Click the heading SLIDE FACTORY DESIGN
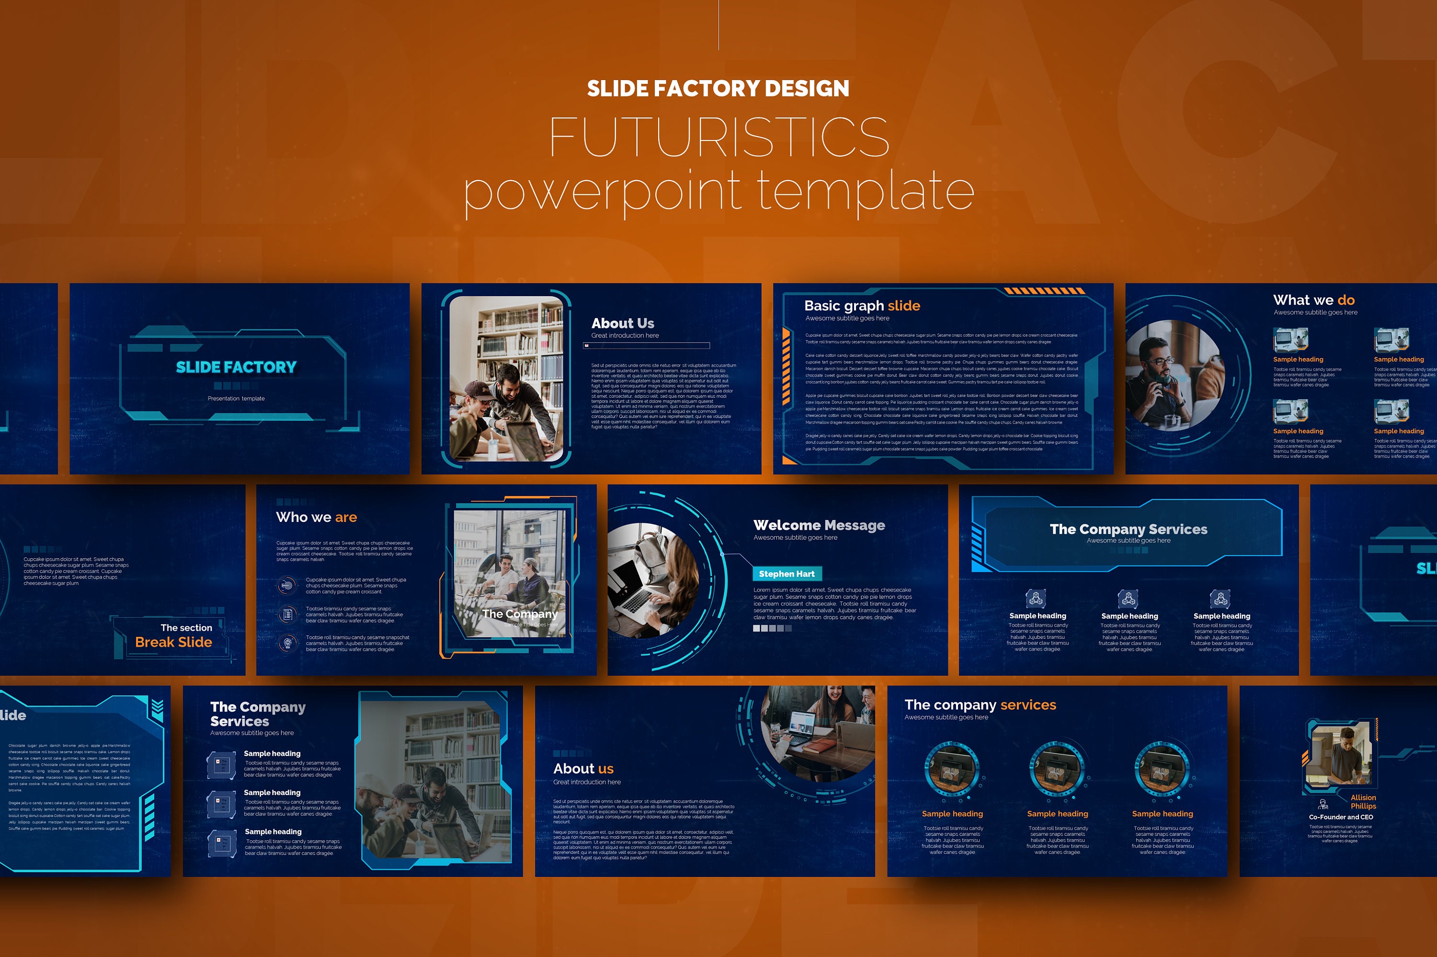point(718,89)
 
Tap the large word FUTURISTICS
point(718,138)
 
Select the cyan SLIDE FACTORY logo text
point(236,367)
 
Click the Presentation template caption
point(236,399)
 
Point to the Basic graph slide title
point(862,306)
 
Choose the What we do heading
point(1314,300)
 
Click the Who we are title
point(316,518)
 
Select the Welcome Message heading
point(819,526)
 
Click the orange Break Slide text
point(173,642)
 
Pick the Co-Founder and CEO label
point(1341,817)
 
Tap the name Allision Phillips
point(1363,801)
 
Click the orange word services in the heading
point(1028,705)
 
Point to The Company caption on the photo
point(520,614)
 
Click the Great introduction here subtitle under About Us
point(625,335)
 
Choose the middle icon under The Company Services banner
point(1127,598)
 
